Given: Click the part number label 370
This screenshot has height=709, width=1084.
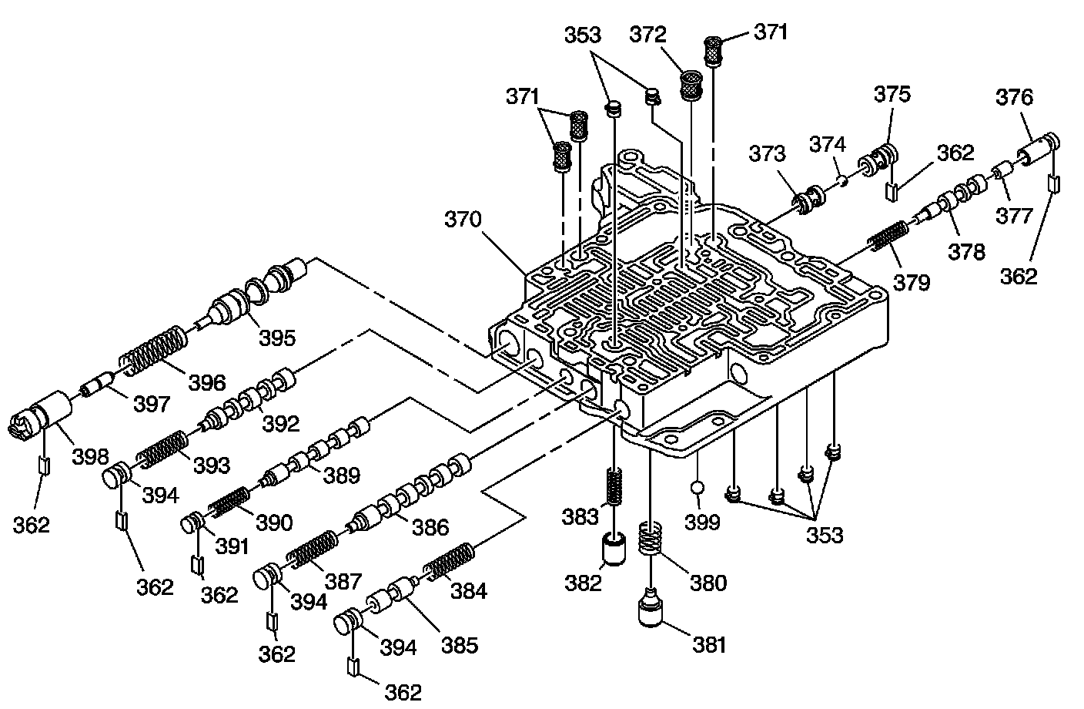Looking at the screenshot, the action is tap(463, 220).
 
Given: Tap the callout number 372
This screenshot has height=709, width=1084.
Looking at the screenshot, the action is tap(648, 35).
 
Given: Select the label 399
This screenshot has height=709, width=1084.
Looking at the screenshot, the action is tap(702, 522).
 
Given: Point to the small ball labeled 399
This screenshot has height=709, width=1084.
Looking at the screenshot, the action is tap(698, 488).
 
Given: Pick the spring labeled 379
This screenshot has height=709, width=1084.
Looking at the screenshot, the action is tap(888, 236).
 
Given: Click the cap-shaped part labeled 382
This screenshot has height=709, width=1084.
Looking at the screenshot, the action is tap(614, 549).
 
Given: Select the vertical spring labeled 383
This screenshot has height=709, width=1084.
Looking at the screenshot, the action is tap(614, 486).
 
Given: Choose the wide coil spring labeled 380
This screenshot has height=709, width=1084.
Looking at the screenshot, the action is tap(651, 537).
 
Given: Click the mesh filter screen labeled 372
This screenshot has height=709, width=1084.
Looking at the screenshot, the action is tap(691, 86).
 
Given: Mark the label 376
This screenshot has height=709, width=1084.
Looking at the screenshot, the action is tap(1014, 97).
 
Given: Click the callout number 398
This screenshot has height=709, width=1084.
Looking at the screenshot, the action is tap(91, 457).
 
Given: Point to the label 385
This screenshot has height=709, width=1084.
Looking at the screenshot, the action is tap(460, 645).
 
